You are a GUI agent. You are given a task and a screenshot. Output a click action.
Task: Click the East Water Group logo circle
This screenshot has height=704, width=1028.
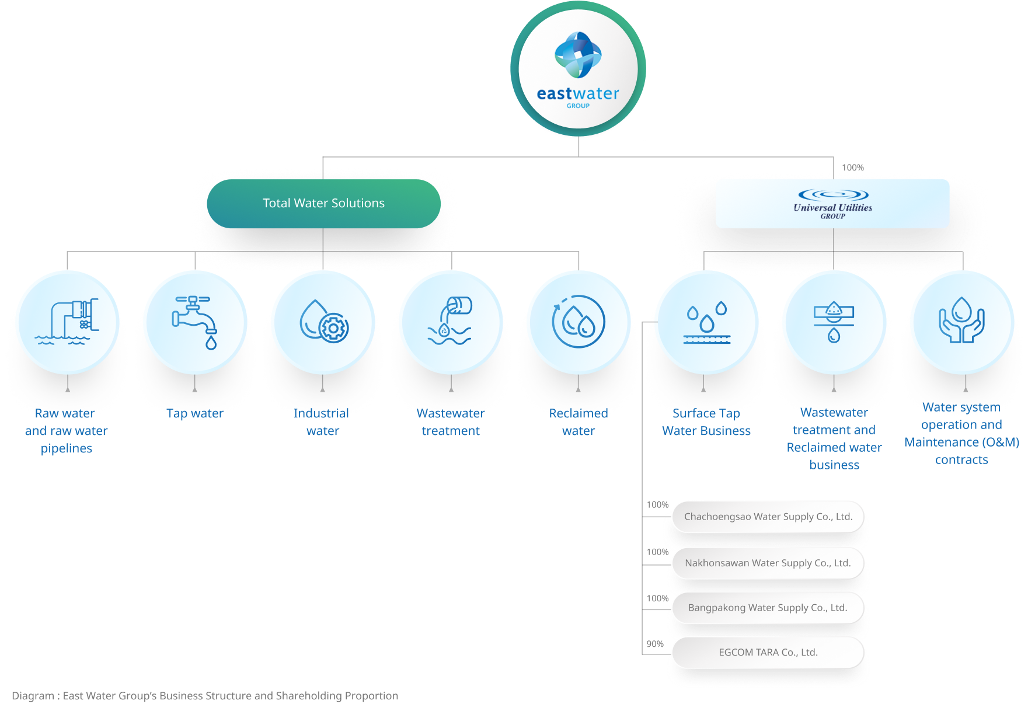578,69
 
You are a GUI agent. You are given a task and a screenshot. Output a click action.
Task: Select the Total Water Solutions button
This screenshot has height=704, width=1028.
323,203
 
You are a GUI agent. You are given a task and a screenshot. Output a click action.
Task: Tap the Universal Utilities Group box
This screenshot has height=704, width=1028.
832,204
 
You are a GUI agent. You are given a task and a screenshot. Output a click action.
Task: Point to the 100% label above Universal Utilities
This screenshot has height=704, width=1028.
852,168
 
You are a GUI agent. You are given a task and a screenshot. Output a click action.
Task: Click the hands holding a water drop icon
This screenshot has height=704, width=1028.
961,322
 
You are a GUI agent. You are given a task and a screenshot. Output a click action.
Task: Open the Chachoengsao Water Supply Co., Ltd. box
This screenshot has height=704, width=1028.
768,517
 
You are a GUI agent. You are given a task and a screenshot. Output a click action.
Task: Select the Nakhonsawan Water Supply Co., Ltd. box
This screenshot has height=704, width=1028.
768,563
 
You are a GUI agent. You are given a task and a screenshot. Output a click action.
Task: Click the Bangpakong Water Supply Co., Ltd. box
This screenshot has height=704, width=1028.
768,608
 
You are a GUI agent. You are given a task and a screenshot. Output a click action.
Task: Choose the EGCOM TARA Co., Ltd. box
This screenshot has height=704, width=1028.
768,653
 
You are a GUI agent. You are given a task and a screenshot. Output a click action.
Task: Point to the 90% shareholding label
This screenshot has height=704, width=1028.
655,644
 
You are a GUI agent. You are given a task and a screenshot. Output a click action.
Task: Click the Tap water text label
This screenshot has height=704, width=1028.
195,413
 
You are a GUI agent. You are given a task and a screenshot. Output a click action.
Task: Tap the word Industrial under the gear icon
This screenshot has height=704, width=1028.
321,413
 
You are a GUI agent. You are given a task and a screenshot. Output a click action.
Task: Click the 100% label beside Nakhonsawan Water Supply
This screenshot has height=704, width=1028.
657,552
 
